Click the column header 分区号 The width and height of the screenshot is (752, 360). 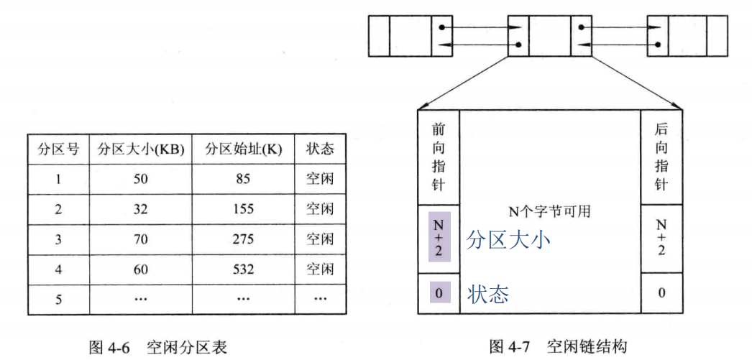coord(58,149)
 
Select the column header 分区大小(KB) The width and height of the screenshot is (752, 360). coord(141,149)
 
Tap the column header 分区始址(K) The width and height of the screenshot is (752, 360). coord(243,149)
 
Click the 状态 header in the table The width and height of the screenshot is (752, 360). coord(320,149)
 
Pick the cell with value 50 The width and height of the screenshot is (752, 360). coord(140,179)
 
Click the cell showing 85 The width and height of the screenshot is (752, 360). coord(242,179)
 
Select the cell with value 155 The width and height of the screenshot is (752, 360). coord(242,209)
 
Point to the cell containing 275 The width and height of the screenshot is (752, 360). coord(242,239)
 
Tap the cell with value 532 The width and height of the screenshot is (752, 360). coord(242,269)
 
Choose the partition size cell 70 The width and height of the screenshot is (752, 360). coord(140,239)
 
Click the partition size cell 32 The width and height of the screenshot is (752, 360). coord(140,209)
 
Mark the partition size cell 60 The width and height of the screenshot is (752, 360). coord(140,269)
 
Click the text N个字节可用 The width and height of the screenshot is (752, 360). coord(550,211)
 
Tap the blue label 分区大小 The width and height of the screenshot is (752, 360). coord(508,239)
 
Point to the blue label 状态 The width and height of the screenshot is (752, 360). coord(488,294)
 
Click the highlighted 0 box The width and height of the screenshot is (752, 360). coord(439,293)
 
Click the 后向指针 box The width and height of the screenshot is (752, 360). coord(661,157)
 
